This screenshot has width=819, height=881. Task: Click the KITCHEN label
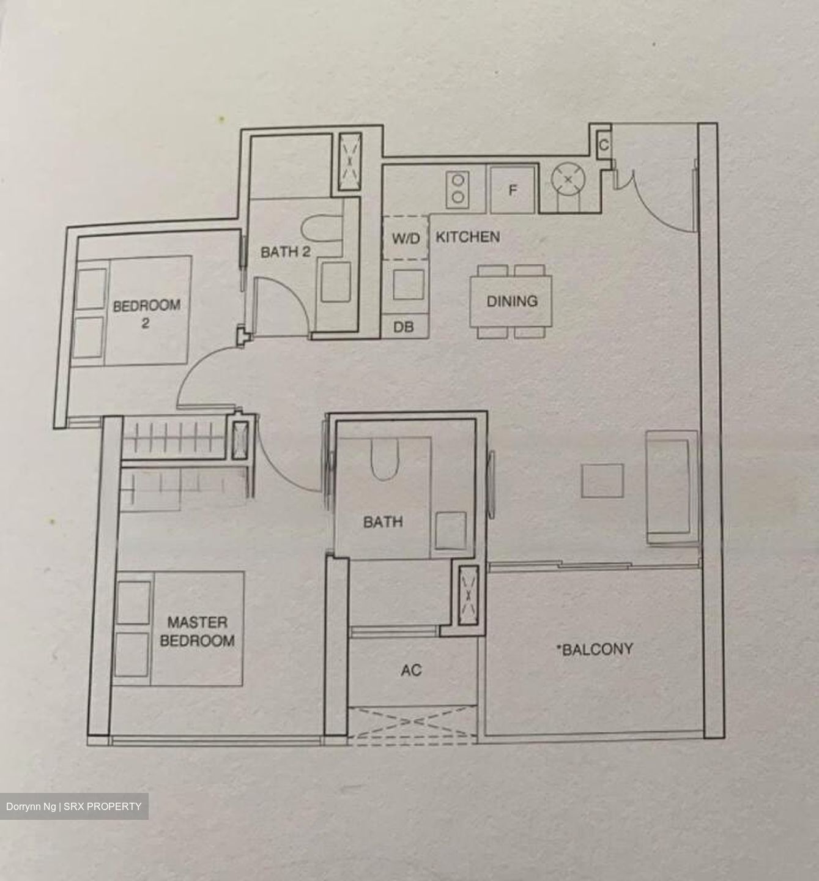coord(467,237)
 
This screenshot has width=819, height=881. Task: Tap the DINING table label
coord(511,301)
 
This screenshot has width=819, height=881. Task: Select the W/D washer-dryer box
coord(406,237)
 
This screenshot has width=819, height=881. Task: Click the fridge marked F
coord(513,190)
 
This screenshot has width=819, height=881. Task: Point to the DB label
coord(403,327)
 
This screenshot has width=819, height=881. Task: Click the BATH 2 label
coord(286,251)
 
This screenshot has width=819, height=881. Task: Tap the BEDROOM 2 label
coord(146,313)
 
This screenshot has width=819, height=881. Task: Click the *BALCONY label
coord(594,649)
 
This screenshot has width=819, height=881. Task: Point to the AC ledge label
coord(411,671)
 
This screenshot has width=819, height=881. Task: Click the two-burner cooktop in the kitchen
coord(457,188)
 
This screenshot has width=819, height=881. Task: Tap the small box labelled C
coord(603,146)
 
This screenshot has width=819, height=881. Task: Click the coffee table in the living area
coord(602,480)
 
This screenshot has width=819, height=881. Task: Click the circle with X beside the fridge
coord(568,180)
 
